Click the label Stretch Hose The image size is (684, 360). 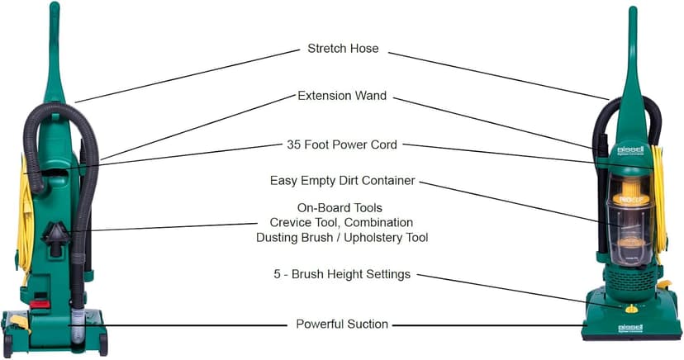coord(343,49)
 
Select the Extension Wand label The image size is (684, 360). coord(342,97)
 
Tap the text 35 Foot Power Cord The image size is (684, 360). coord(342,144)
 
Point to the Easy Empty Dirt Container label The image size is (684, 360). coord(342,181)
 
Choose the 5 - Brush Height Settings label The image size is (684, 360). coord(342,274)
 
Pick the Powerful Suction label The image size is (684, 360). coord(342,324)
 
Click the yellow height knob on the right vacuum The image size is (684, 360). coord(632,310)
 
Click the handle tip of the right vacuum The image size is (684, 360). coord(633,12)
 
